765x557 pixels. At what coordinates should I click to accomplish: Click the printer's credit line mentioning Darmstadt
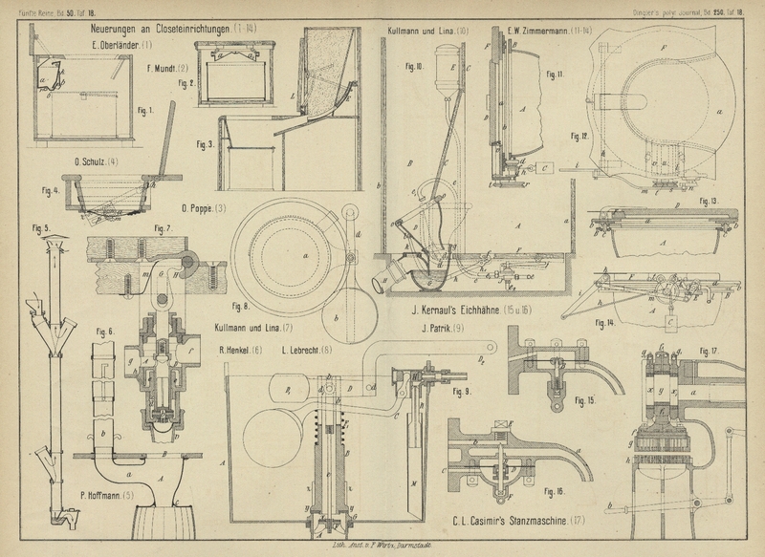pyautogui.click(x=354, y=544)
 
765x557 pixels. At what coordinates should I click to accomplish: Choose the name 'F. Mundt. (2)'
pyautogui.click(x=169, y=69)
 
